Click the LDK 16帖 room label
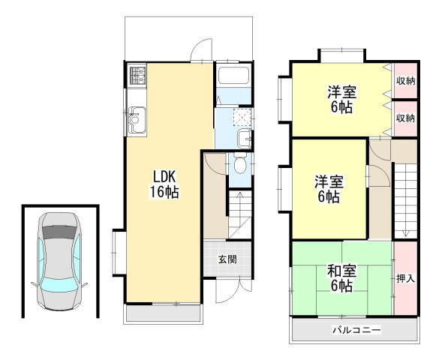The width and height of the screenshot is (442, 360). point(164,184)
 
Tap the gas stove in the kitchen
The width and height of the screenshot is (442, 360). point(137,75)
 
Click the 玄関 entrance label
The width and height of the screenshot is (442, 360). point(227,259)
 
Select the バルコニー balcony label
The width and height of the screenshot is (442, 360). point(355,330)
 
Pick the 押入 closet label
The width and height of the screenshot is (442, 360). point(406,278)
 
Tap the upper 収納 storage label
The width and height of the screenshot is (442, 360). point(406,81)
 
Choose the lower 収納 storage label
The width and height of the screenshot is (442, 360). point(406,118)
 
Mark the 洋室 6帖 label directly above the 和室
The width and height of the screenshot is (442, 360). point(327,189)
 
